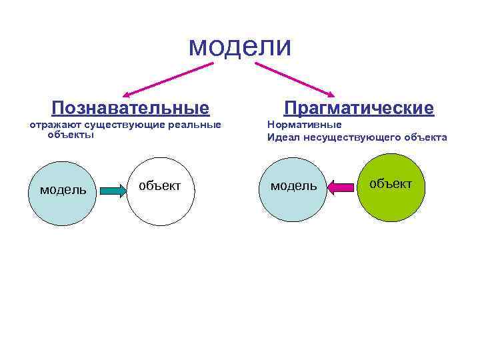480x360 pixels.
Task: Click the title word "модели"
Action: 240,46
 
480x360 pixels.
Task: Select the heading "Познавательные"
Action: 131,108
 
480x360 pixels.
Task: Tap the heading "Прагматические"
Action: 359,108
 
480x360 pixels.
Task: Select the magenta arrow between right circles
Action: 341,187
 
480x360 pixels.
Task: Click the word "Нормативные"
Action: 304,125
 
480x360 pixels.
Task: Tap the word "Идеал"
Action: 283,138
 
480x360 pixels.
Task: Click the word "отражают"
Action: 54,125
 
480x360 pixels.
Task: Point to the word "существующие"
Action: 127,125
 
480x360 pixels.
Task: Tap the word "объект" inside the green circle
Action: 391,183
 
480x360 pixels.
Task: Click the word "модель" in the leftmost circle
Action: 63,189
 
